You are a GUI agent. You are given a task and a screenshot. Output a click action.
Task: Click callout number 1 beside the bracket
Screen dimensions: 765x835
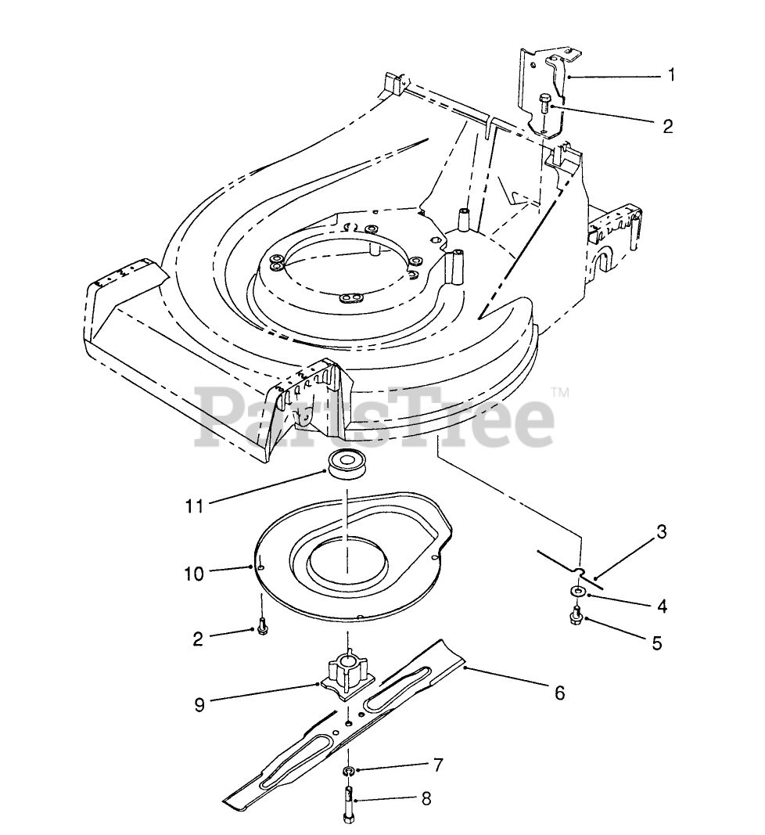(x=671, y=75)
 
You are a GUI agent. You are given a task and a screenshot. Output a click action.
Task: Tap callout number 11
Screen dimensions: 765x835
(x=194, y=506)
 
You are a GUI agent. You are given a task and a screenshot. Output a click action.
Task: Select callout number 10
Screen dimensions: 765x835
(x=194, y=574)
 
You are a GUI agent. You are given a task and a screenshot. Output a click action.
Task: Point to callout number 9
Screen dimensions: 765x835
(x=200, y=704)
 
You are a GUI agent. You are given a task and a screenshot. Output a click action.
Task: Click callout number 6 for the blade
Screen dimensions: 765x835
(x=558, y=693)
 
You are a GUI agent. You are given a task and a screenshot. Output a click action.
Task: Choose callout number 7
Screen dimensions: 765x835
(x=438, y=764)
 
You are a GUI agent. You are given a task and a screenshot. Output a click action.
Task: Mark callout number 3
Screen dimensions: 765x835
(x=661, y=533)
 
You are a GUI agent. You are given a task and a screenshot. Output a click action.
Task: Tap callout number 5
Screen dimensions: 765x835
(x=656, y=643)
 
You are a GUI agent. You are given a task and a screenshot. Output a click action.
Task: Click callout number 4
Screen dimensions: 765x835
(x=662, y=605)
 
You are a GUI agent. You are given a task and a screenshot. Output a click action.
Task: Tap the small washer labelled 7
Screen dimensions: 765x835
(x=347, y=772)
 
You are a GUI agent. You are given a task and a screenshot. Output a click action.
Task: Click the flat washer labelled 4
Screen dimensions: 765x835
(x=576, y=591)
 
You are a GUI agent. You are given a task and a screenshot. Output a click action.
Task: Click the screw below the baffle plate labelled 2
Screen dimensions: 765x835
(x=260, y=628)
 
